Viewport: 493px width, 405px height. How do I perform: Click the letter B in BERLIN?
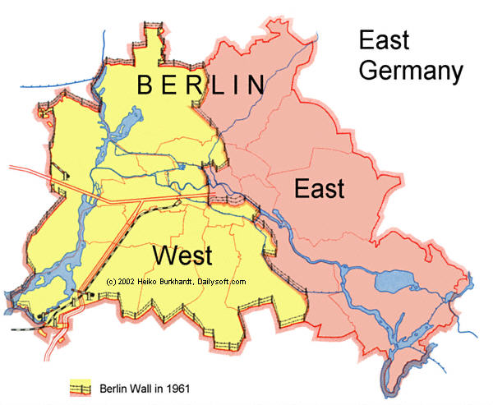click(x=146, y=85)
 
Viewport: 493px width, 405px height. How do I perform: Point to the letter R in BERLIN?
click(x=194, y=85)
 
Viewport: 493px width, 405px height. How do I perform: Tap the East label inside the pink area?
click(x=319, y=189)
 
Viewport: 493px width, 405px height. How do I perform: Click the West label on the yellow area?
click(x=182, y=255)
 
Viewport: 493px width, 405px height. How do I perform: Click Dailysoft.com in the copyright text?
click(x=221, y=282)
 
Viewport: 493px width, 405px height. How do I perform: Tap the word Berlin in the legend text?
click(x=110, y=385)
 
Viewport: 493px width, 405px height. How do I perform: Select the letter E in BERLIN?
click(x=170, y=85)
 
